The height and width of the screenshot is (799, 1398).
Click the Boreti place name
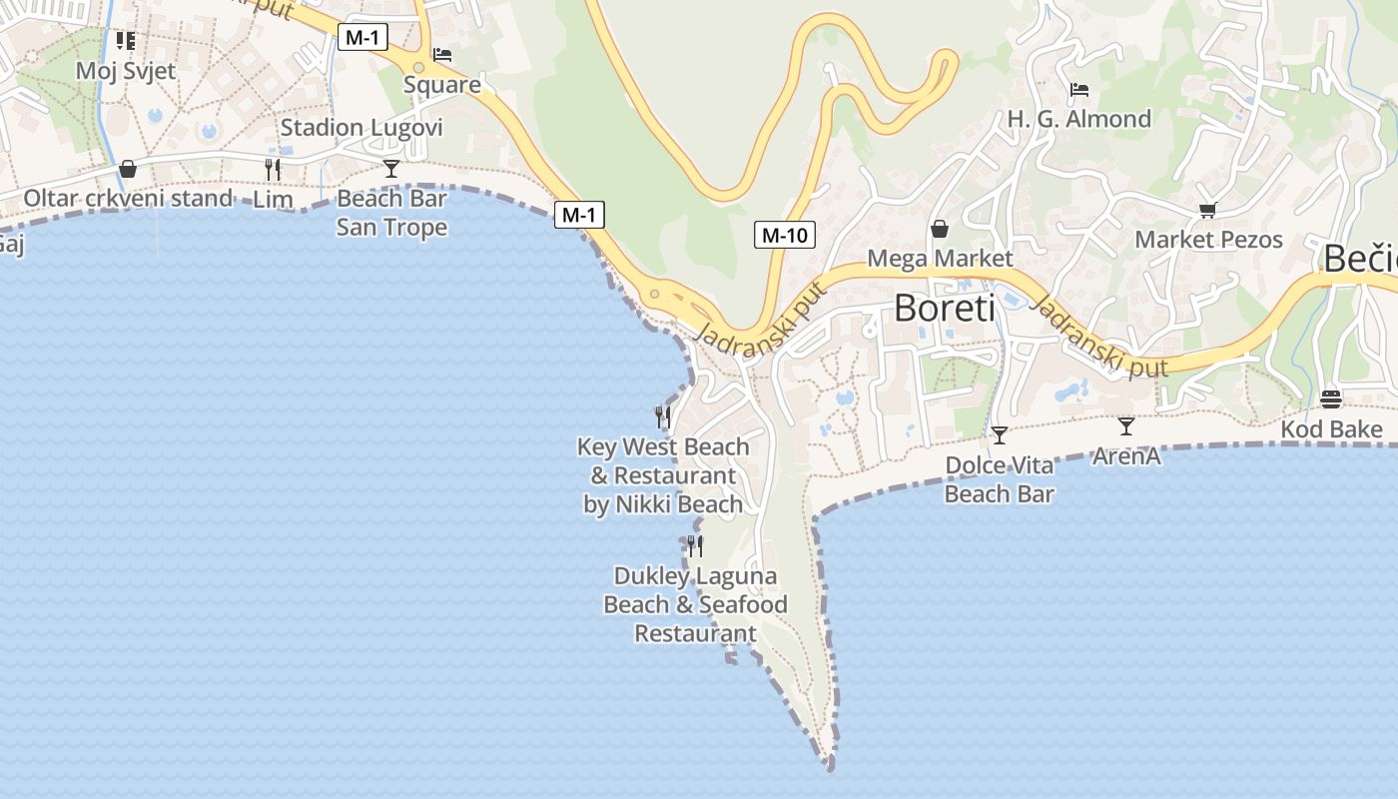pos(944,308)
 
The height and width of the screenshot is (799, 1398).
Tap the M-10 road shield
pos(784,236)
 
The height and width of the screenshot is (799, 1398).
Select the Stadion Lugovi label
pos(361,128)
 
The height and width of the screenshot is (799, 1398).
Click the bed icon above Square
pos(442,55)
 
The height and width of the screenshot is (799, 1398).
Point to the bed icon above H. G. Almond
pos(1078,90)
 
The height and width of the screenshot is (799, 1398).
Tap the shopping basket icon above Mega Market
pos(940,229)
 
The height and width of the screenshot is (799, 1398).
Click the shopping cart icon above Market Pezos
pos(1208,210)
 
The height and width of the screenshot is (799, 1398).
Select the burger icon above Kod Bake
pos(1331,399)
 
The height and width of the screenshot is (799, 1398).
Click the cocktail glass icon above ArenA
pos(1126,426)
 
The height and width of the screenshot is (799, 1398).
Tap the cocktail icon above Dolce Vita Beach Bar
pos(999,435)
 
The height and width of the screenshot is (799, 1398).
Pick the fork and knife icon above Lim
pos(273,170)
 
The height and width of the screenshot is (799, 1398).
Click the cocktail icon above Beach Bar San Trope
pos(391,168)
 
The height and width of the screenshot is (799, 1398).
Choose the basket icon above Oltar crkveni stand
pos(128,169)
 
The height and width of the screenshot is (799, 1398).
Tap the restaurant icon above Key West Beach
pos(663,415)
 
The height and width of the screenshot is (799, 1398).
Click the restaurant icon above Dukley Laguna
pos(695,545)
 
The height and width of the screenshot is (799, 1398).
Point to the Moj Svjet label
pos(126,71)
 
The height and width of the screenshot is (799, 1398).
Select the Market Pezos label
pos(1208,240)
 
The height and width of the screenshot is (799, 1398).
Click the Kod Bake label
pos(1332,430)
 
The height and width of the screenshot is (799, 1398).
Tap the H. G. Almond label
pos(1078,119)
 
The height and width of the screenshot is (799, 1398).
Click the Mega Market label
pos(940,259)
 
